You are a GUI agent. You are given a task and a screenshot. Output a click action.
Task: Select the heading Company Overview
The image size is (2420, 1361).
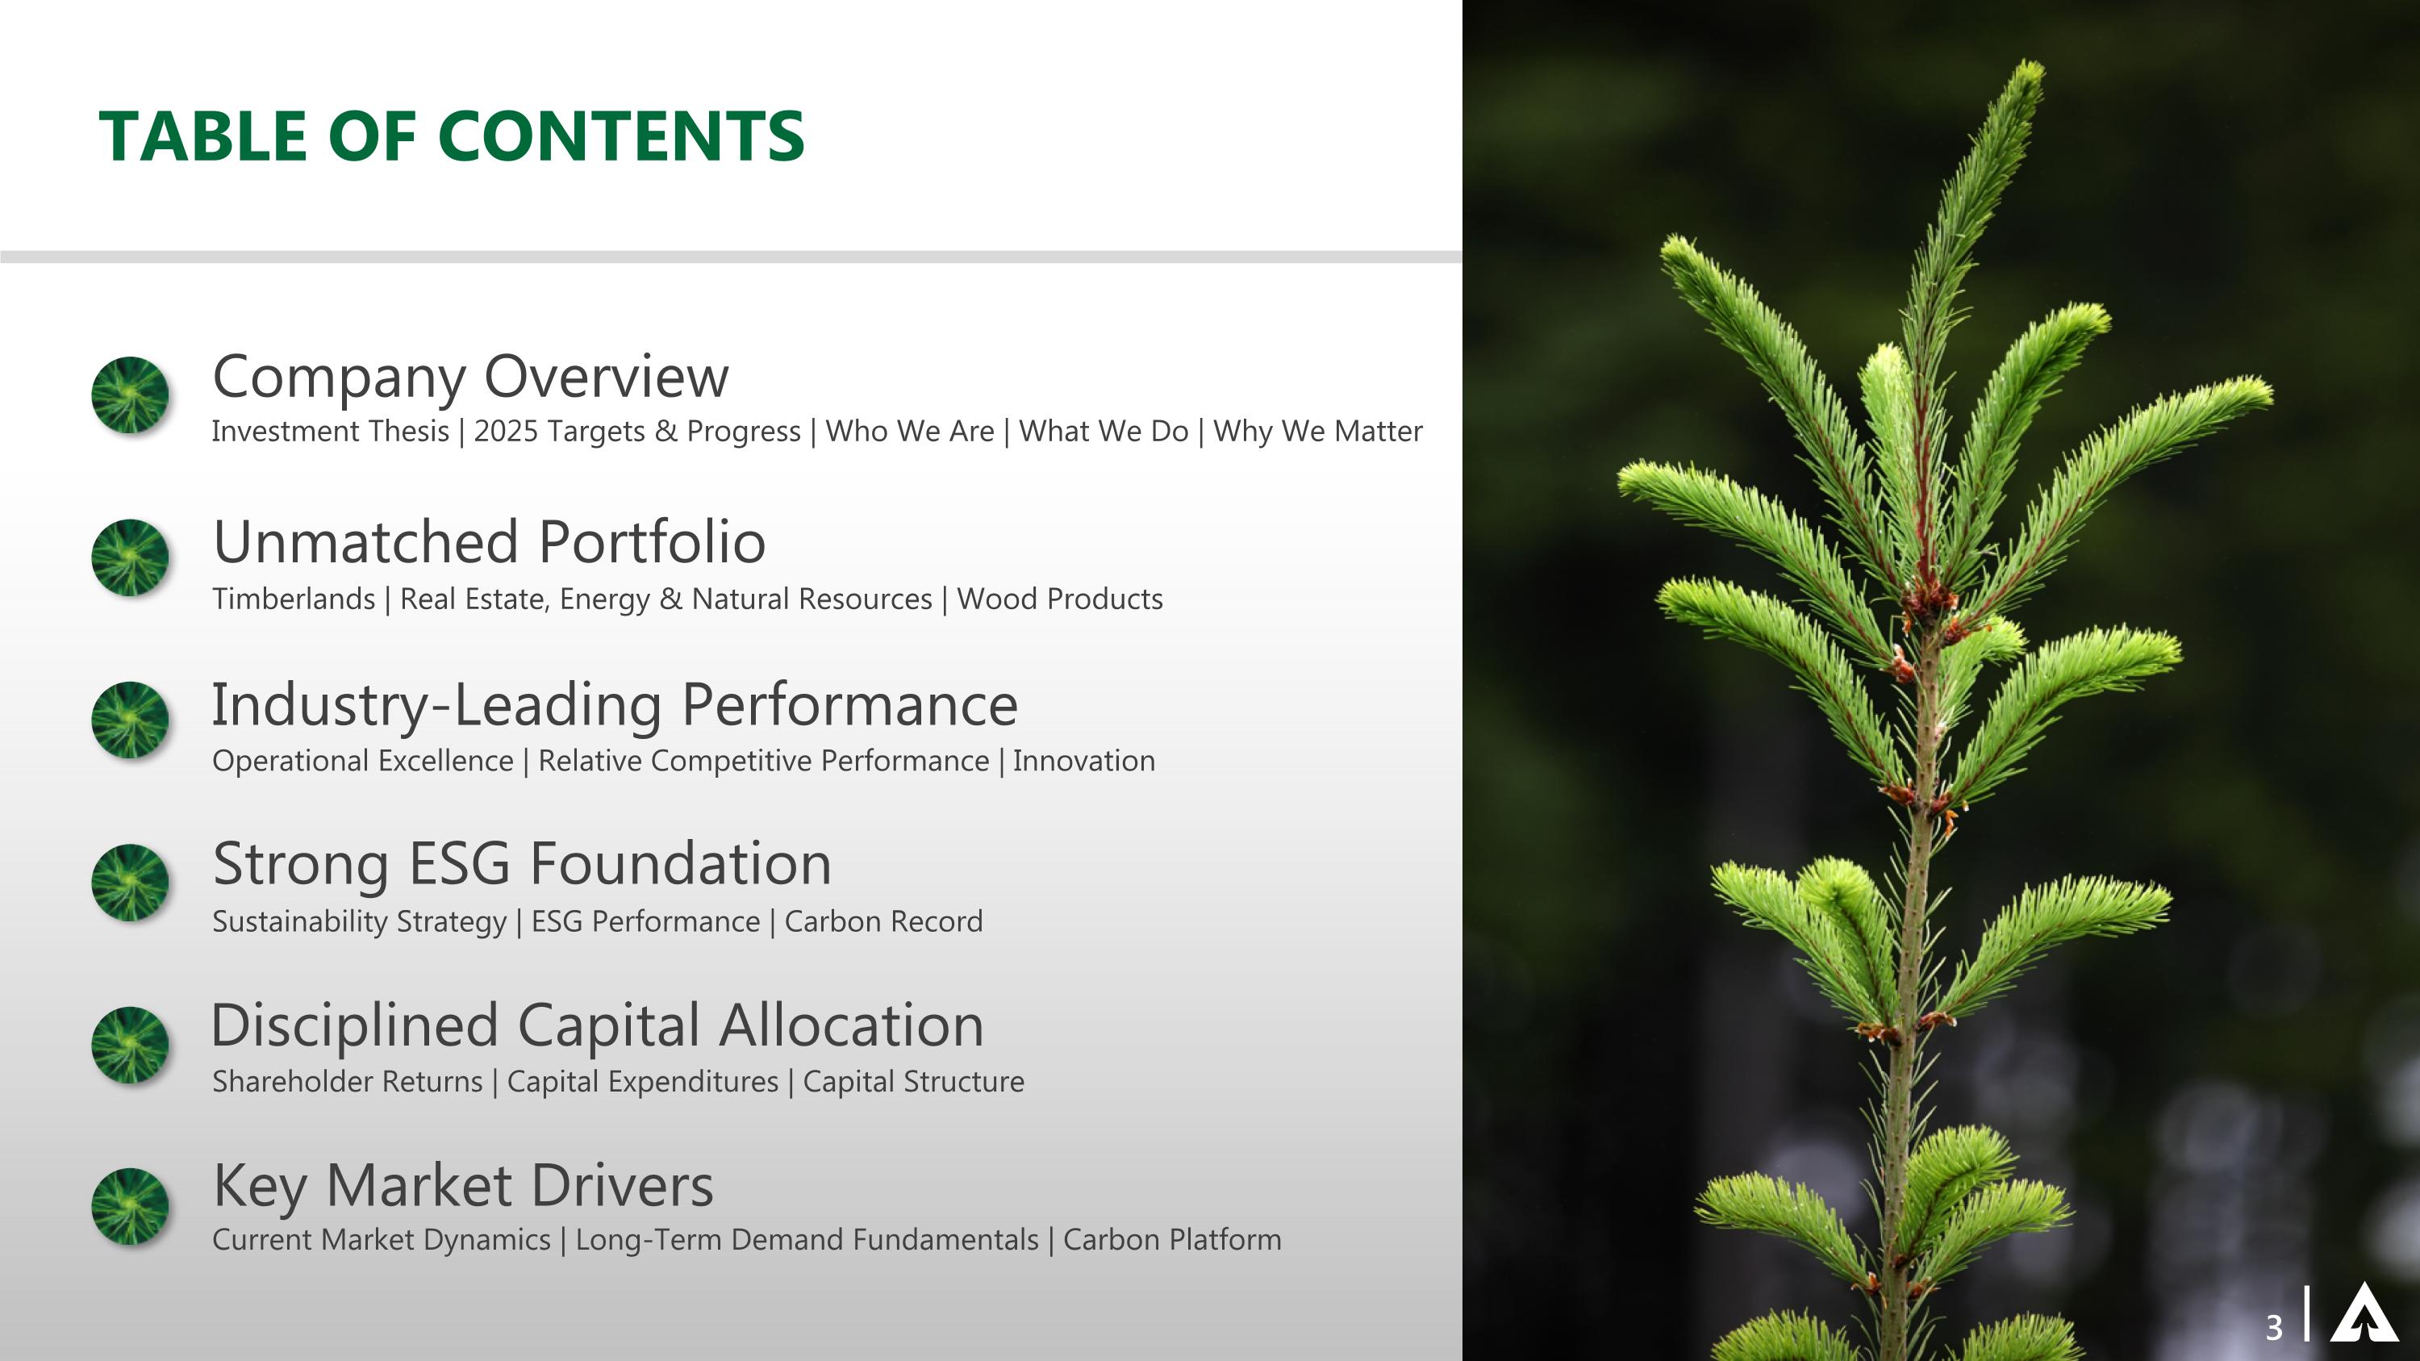tap(469, 377)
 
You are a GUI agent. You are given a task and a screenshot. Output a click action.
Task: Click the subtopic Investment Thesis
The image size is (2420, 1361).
tap(330, 431)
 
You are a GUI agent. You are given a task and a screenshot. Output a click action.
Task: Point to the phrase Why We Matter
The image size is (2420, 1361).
tap(1317, 431)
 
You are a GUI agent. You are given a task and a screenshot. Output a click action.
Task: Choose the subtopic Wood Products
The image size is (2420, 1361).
tap(1060, 599)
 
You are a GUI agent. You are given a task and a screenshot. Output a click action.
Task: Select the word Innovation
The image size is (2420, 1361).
tap(1083, 761)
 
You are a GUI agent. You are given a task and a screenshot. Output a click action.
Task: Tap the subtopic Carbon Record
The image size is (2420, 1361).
tap(883, 921)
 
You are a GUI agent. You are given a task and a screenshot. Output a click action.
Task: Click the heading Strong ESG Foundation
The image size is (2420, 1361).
tap(521, 864)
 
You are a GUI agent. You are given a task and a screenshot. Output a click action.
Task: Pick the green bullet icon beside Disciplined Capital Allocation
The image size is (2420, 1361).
tap(131, 1045)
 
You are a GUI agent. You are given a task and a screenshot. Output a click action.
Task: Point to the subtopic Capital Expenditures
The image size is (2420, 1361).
tap(643, 1082)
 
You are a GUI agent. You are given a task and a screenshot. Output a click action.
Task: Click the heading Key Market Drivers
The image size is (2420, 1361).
tap(463, 1185)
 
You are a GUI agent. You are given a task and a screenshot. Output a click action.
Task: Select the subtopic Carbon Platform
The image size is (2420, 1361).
tap(1171, 1240)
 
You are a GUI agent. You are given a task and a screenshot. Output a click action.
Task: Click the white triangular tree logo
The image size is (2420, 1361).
tap(2364, 1313)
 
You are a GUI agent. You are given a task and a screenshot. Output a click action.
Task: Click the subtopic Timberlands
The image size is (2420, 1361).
tap(293, 599)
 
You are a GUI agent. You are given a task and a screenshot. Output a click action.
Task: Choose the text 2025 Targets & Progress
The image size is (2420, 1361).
tap(637, 431)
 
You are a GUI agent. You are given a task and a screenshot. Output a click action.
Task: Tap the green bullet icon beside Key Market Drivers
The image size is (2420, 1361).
tap(131, 1206)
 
